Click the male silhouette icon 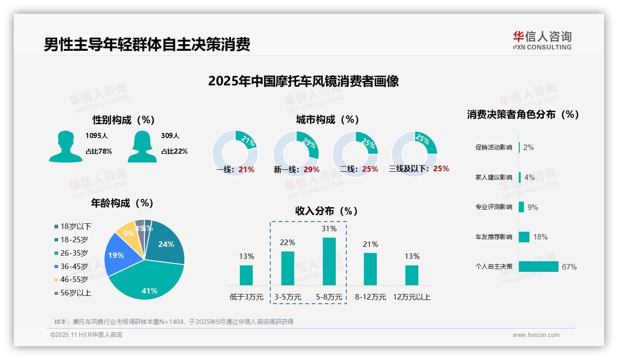[65, 147]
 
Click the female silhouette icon [142, 147]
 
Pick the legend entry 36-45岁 [74, 266]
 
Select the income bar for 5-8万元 [329, 261]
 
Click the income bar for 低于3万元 [246, 275]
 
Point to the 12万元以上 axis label [411, 297]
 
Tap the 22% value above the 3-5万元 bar [287, 243]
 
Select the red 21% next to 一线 [246, 169]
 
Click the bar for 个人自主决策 [538, 266]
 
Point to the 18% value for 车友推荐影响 [540, 237]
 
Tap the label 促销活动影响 [493, 148]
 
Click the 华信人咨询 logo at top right [542, 40]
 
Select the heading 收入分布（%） [327, 211]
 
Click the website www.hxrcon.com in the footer [536, 335]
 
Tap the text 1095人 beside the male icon [96, 136]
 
